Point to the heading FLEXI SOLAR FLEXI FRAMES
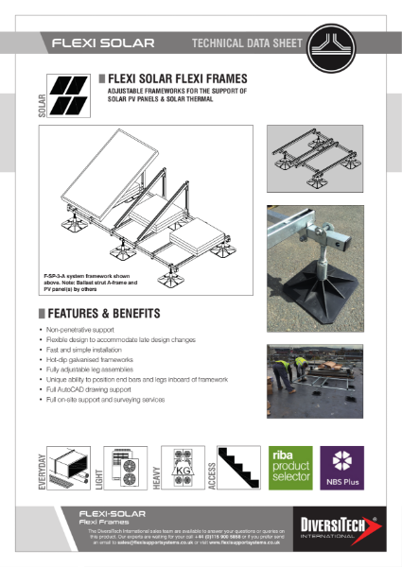pyautogui.click(x=178, y=77)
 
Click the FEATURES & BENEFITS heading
pyautogui.click(x=99, y=313)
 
